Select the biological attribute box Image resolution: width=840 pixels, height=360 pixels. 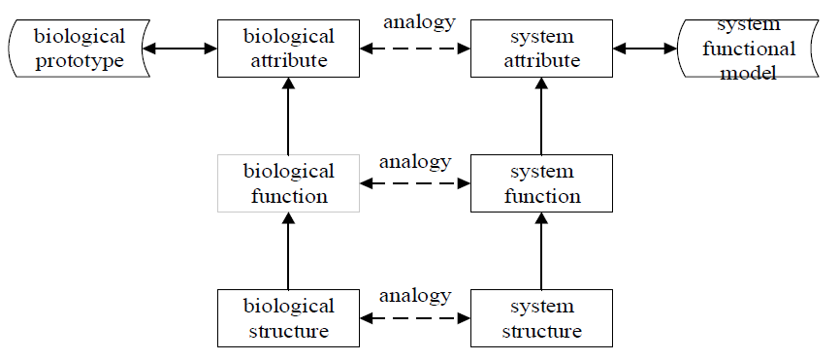pyautogui.click(x=289, y=49)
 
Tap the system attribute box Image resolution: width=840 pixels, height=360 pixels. pyautogui.click(x=542, y=49)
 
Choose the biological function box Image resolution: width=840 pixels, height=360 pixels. pyautogui.click(x=289, y=183)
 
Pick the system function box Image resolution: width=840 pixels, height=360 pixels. pyautogui.click(x=542, y=183)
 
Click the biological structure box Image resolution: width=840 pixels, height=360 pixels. pyautogui.click(x=289, y=317)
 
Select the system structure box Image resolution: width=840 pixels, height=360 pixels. pyautogui.click(x=542, y=317)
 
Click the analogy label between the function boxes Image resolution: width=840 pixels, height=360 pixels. pyautogui.click(x=416, y=160)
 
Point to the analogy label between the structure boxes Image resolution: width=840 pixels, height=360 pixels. pyautogui.click(x=416, y=294)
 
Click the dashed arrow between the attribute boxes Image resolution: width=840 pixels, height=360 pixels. pyautogui.click(x=416, y=47)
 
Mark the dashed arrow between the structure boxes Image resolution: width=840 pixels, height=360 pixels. pyautogui.click(x=416, y=316)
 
